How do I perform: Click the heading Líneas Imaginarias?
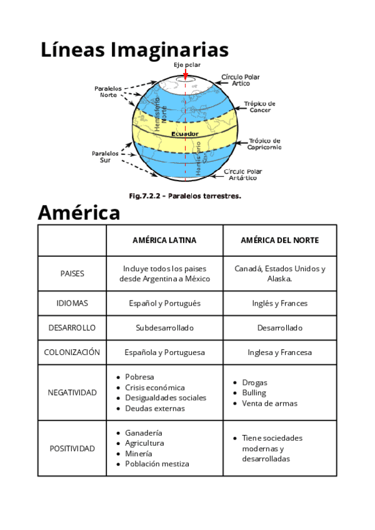134,50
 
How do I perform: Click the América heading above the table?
79,212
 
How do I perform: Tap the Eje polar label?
187,65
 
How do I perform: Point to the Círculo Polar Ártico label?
240,80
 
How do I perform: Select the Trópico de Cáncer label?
259,106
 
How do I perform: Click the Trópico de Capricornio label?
264,144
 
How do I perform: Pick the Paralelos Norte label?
108,92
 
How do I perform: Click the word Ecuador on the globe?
185,134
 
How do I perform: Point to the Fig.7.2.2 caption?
185,196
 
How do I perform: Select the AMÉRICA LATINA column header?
164,240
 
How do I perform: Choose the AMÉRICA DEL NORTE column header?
279,240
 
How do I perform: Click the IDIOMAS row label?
72,303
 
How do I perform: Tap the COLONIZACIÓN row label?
72,352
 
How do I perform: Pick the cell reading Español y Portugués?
164,303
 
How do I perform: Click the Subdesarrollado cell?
164,327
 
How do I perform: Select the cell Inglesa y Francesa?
279,352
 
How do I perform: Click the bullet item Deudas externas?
154,408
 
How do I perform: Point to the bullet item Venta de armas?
269,403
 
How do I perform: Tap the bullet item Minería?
138,453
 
